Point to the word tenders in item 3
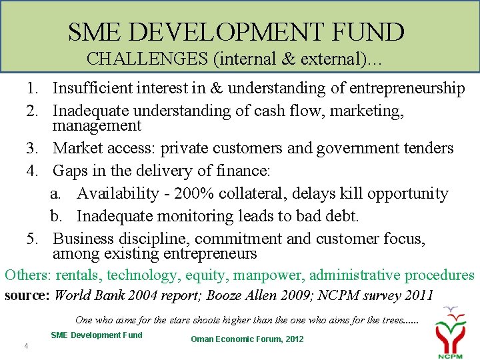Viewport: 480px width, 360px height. [x=427, y=148]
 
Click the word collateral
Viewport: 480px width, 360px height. [x=261, y=193]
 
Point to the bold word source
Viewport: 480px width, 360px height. [x=26, y=295]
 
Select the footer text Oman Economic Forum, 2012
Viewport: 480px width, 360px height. [x=247, y=339]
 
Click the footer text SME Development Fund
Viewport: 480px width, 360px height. [x=96, y=335]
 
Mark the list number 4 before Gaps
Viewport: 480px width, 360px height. [x=32, y=171]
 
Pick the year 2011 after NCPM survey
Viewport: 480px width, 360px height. [x=417, y=295]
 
